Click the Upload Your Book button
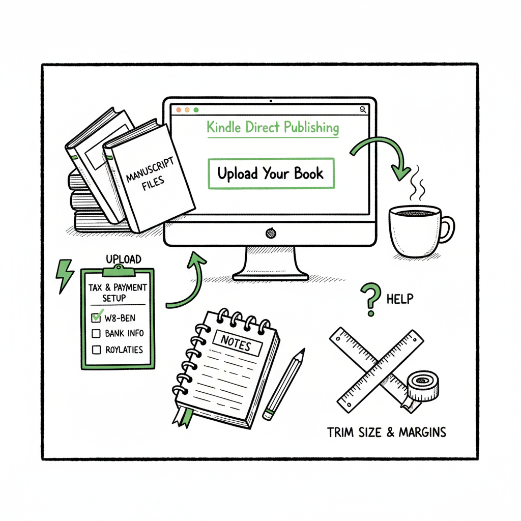tap(271, 174)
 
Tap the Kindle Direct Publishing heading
tap(273, 127)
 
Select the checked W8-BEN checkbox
tap(96, 318)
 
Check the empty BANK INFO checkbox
tap(96, 334)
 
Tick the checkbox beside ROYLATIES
tap(96, 350)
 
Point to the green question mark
tap(370, 300)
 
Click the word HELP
tap(400, 299)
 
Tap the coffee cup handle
tap(447, 229)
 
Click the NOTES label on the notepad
tap(236, 344)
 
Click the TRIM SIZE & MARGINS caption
tap(387, 432)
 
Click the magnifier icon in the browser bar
tap(363, 109)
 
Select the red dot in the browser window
tap(178, 110)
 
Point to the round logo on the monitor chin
tap(271, 234)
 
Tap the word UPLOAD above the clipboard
tap(123, 259)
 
